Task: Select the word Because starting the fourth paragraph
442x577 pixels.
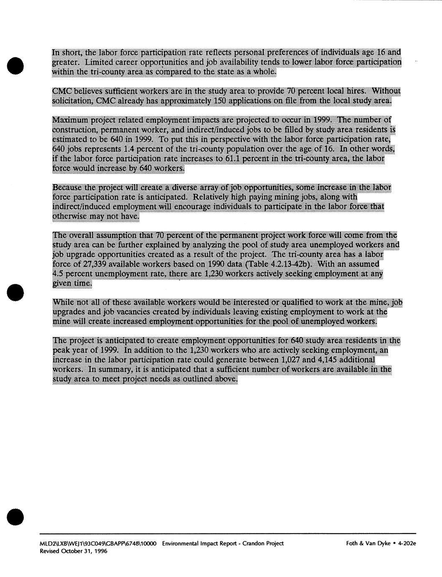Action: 67,187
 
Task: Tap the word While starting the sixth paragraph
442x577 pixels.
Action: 63,302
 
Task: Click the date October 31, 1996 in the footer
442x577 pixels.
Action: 84,551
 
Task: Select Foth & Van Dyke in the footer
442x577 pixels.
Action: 368,544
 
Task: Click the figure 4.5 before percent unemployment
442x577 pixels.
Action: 58,274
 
